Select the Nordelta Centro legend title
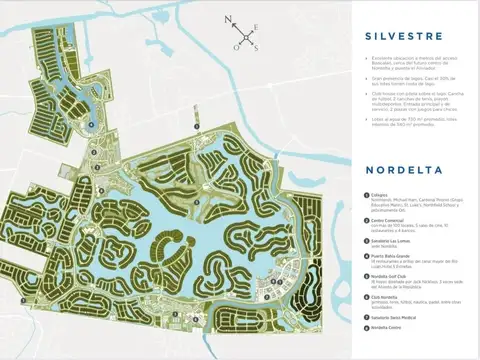(x=390, y=328)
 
